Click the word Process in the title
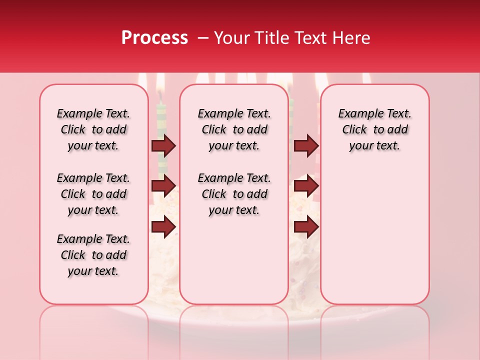(x=154, y=37)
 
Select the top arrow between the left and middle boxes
(x=163, y=145)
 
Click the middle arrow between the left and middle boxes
(x=163, y=186)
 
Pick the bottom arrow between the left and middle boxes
(x=163, y=227)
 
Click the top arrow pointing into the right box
(x=306, y=145)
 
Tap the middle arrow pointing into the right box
(x=306, y=186)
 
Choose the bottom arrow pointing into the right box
(x=306, y=227)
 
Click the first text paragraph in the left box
(x=93, y=129)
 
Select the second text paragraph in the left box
(x=93, y=194)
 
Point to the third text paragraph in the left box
(x=93, y=255)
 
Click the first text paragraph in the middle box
(x=234, y=129)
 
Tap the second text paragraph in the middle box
(x=234, y=194)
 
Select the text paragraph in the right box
(x=375, y=129)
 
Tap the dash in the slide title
(x=202, y=38)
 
